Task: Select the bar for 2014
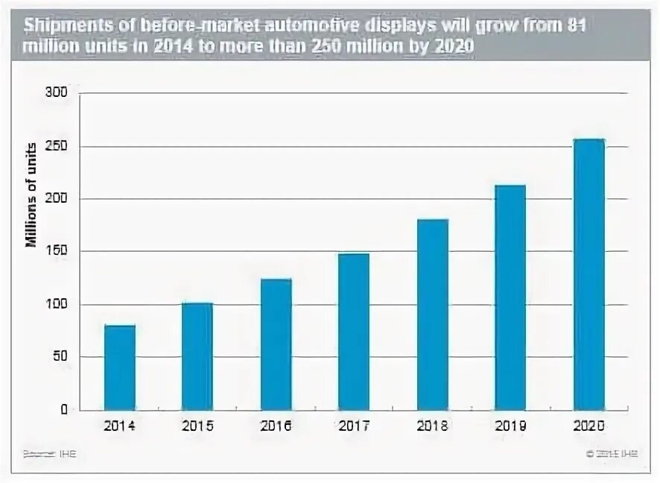pyautogui.click(x=119, y=367)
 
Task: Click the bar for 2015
pyautogui.click(x=197, y=356)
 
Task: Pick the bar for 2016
pyautogui.click(x=276, y=344)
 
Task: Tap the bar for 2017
pyautogui.click(x=354, y=332)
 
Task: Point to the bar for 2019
pyautogui.click(x=510, y=297)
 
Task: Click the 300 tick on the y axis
pyautogui.click(x=58, y=93)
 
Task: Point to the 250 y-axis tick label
pyautogui.click(x=58, y=146)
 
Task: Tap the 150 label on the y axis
pyautogui.click(x=58, y=252)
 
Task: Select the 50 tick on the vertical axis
pyautogui.click(x=61, y=357)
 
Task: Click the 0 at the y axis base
pyautogui.click(x=64, y=409)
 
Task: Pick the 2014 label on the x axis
pyautogui.click(x=119, y=427)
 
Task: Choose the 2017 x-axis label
pyautogui.click(x=354, y=427)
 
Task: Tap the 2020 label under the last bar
pyautogui.click(x=588, y=427)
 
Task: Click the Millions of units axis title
pyautogui.click(x=31, y=194)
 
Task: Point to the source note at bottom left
pyautogui.click(x=50, y=453)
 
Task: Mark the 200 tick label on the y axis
pyautogui.click(x=58, y=199)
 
